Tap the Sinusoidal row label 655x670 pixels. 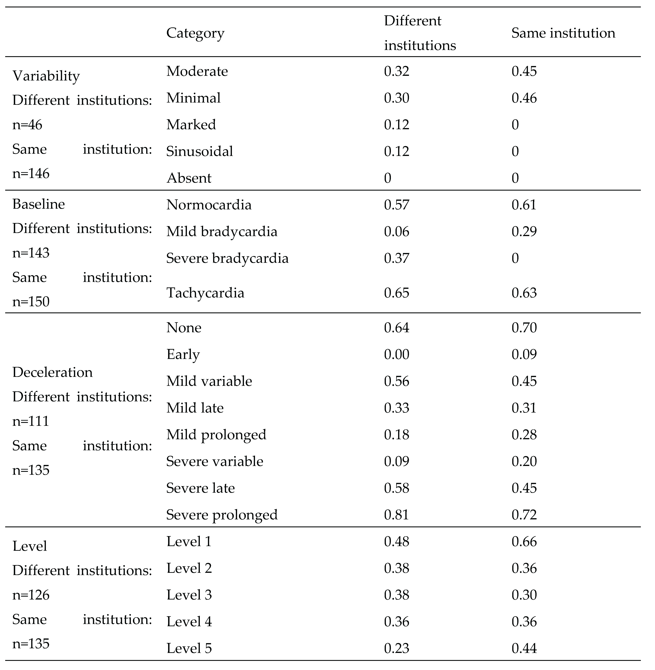tap(199, 151)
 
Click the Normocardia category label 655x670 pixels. tap(209, 205)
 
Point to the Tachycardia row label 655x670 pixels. tap(205, 293)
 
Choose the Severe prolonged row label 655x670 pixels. tap(222, 515)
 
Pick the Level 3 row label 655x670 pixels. tap(189, 595)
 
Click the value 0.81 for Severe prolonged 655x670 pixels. tap(397, 515)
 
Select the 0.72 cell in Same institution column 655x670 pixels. tap(524, 515)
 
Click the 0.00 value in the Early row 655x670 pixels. tap(397, 354)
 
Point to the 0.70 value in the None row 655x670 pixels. tap(524, 328)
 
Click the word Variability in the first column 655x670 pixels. tap(46, 76)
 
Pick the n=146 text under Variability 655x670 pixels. tap(31, 174)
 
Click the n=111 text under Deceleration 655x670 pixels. tap(31, 421)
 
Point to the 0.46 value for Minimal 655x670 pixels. tap(524, 98)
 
